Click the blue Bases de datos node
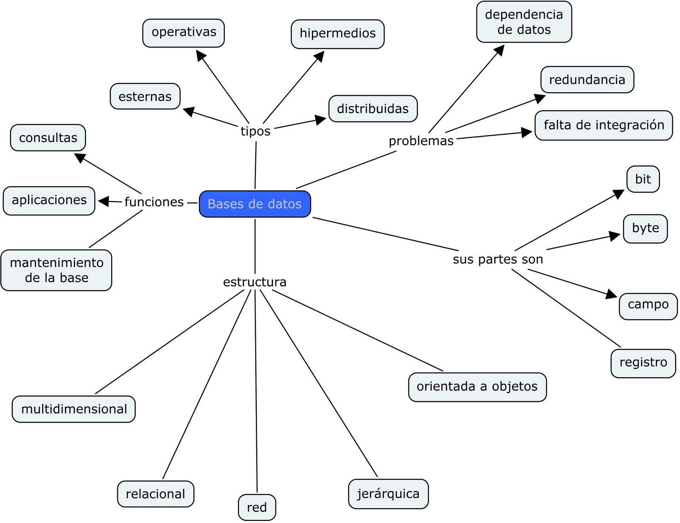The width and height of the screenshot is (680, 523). tap(255, 204)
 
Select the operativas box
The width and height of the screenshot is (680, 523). tap(184, 33)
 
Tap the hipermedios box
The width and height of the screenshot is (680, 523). tap(337, 34)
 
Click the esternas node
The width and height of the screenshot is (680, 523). tap(145, 97)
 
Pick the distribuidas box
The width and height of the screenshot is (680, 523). tap(373, 109)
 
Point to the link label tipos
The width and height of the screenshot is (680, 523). tap(255, 131)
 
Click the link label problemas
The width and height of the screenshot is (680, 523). tap(421, 141)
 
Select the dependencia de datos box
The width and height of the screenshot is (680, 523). tap(524, 22)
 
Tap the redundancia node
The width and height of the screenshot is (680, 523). tap(587, 80)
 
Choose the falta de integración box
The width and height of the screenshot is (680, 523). tap(603, 125)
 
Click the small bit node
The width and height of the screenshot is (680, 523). tap(643, 179)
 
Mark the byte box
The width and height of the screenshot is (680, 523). tap(645, 228)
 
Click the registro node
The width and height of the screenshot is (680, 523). tap(643, 363)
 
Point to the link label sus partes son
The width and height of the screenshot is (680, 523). tap(498, 259)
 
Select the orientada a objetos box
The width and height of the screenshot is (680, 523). tap(477, 387)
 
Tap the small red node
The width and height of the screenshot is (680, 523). tap(257, 507)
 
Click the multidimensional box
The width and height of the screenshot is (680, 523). tap(74, 409)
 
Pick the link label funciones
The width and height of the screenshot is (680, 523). tap(154, 202)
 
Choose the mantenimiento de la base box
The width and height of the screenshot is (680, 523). tap(57, 270)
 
